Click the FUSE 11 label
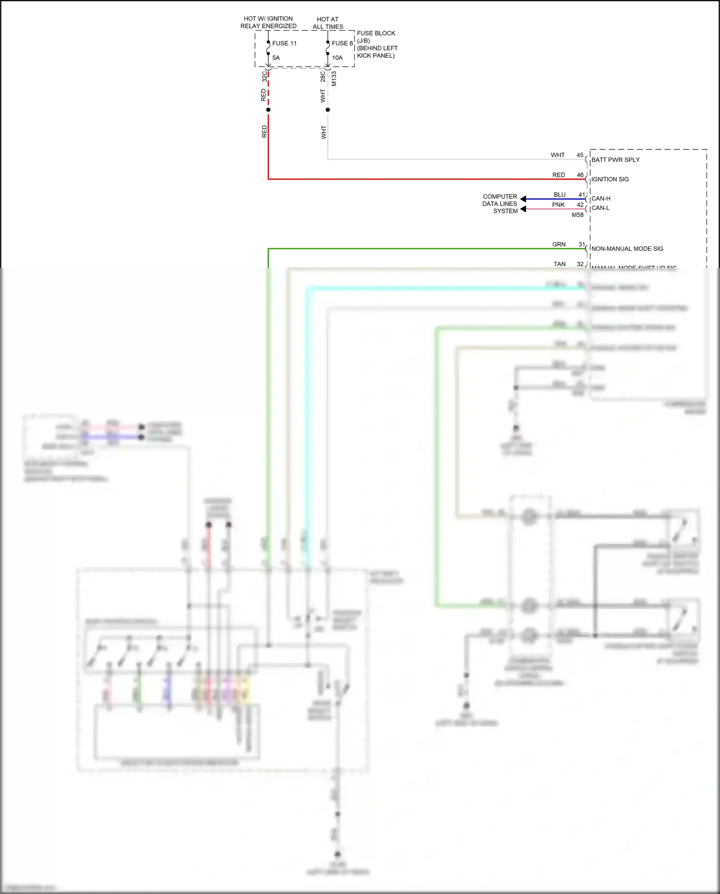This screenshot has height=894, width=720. [x=284, y=43]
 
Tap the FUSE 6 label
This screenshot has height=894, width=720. [x=342, y=43]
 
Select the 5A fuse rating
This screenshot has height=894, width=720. [x=276, y=58]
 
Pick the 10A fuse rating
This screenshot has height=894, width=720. [x=337, y=58]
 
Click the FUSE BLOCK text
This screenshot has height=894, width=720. [x=376, y=33]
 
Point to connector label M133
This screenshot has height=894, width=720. [x=334, y=79]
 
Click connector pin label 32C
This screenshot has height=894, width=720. [x=264, y=76]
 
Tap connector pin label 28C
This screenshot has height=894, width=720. [x=323, y=76]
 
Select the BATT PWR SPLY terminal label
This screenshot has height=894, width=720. [x=615, y=160]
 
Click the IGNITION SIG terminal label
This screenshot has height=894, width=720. [x=610, y=179]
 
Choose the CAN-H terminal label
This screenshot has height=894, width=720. [x=601, y=198]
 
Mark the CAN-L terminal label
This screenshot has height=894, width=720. [x=600, y=208]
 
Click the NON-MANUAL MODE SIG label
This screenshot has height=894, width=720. [x=627, y=249]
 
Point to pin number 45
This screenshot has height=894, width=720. [x=580, y=155]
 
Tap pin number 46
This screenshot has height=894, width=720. [x=580, y=175]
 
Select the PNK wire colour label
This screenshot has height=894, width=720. [x=558, y=205]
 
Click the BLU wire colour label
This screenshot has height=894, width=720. [x=560, y=195]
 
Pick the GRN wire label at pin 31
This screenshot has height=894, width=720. [x=559, y=245]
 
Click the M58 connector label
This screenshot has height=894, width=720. [x=577, y=215]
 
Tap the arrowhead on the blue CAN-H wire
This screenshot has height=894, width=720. [x=523, y=199]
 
